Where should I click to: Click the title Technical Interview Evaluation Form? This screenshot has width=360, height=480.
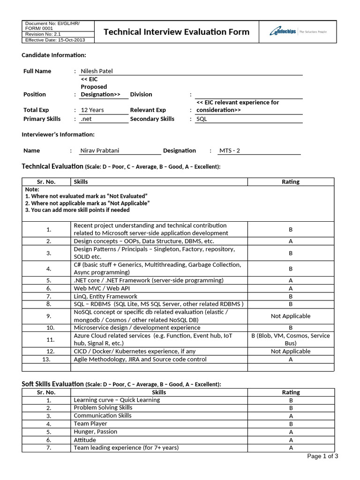coord(176,32)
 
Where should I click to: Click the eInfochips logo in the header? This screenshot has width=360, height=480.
coord(298,32)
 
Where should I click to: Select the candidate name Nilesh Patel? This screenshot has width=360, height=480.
coord(97,71)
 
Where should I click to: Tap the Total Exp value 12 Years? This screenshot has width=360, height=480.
coord(92,110)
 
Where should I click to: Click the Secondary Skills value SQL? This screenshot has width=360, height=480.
coord(202,119)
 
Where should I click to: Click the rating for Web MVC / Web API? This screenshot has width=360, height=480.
coord(291,288)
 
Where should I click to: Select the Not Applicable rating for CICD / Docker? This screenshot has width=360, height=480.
coord(291,351)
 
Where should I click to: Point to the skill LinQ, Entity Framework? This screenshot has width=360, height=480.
coord(105,296)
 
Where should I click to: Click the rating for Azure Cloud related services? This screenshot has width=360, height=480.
coord(291,339)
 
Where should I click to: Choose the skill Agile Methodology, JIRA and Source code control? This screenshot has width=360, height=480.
coord(134,360)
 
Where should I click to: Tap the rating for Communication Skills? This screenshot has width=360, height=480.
coord(291,416)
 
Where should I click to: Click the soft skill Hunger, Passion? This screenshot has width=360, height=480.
coord(96,432)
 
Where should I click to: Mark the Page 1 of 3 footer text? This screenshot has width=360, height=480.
coord(322,456)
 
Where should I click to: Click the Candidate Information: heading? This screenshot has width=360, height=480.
coord(54,55)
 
